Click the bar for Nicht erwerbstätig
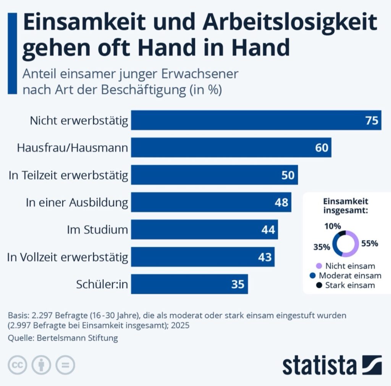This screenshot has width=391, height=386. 256,120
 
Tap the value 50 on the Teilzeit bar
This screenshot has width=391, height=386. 288,175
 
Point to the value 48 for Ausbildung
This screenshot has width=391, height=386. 281,202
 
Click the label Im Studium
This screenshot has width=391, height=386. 97,230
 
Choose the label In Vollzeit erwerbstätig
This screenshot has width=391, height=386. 68,257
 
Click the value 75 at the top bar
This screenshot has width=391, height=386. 372,121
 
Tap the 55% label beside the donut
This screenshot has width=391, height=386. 370,243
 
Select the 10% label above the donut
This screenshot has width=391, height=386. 333,226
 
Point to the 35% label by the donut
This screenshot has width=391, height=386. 322,247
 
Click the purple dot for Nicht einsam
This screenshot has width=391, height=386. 319,266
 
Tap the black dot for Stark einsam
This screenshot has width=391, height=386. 319,285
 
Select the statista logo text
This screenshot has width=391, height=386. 319,365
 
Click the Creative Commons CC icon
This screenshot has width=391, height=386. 17,365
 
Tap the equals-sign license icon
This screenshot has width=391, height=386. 65,365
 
